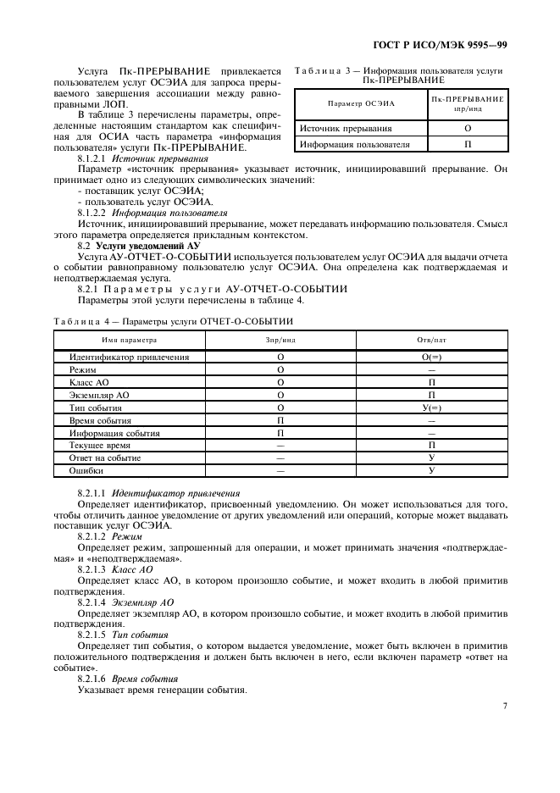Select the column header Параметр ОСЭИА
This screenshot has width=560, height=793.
[362, 103]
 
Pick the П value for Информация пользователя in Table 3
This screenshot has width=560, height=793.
[468, 144]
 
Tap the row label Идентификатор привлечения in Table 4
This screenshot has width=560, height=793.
[129, 357]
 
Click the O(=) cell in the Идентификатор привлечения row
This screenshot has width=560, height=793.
[431, 357]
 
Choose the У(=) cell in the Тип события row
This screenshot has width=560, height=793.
[431, 408]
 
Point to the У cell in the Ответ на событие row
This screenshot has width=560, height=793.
[431, 457]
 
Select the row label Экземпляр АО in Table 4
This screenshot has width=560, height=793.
[99, 395]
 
